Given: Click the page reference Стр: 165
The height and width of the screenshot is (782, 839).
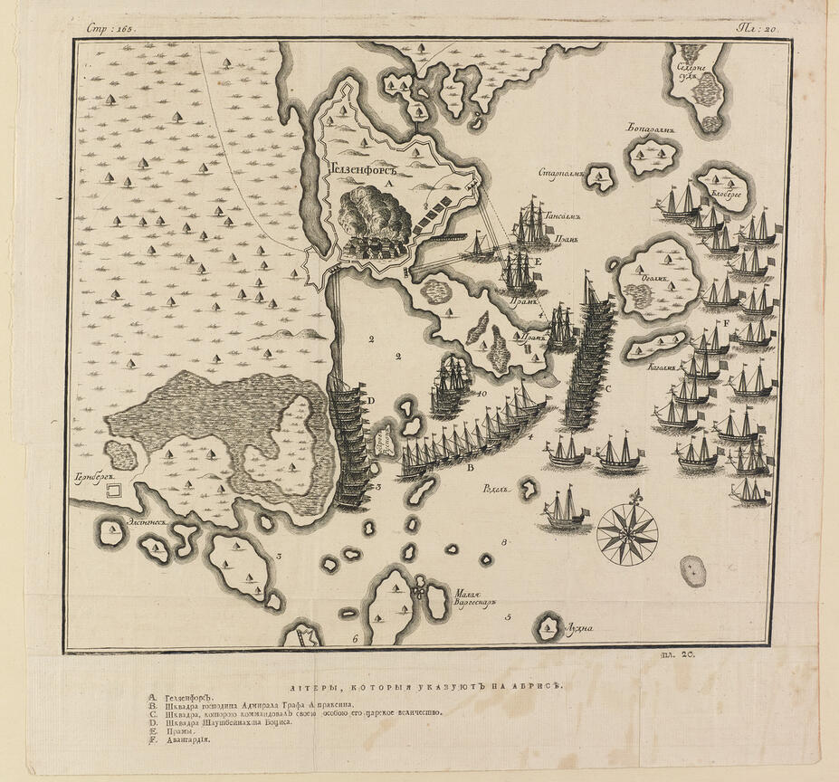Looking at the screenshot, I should tap(110, 27).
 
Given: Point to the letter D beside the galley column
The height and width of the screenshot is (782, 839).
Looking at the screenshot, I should tap(369, 399).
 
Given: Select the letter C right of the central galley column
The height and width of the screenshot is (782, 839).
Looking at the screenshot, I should tap(607, 388).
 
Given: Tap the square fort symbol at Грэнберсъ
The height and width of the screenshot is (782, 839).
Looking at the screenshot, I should tap(115, 491).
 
